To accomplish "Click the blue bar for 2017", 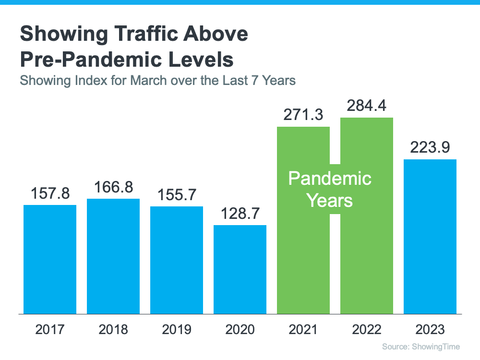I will click(x=50, y=259).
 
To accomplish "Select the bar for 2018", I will click(x=113, y=256).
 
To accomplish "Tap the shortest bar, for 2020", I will click(x=240, y=269).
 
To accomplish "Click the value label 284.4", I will click(x=366, y=105).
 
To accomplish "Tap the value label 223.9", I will click(x=430, y=147).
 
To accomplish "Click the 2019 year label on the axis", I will click(x=177, y=330).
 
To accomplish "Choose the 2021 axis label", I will click(x=303, y=330).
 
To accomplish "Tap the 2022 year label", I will click(x=366, y=330).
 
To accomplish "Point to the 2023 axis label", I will click(x=430, y=330).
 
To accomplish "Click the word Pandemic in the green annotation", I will click(x=330, y=179).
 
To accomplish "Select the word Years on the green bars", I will click(x=330, y=200).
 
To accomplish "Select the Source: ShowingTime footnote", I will click(x=421, y=347).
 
